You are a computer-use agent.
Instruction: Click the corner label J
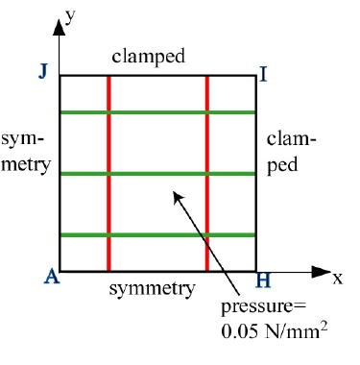(43, 72)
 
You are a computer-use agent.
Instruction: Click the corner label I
(263, 75)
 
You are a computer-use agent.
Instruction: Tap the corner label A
(52, 277)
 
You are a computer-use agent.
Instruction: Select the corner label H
(263, 280)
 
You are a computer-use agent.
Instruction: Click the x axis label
(338, 279)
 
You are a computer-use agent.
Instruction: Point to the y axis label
(70, 16)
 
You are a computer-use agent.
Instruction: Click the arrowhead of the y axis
(59, 27)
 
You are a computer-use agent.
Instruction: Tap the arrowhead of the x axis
(321, 272)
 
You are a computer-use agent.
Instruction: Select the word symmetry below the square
(152, 289)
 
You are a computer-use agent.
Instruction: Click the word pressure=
(264, 307)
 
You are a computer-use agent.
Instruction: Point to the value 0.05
(240, 331)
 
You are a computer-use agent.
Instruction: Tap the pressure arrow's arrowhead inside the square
(178, 197)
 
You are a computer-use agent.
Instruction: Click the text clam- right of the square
(292, 139)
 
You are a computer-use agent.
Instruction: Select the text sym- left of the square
(22, 140)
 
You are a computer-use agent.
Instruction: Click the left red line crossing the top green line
(108, 112)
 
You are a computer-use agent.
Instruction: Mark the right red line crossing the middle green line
(207, 174)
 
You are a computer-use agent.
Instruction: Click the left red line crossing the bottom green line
(108, 235)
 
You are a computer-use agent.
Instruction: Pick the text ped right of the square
(282, 166)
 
